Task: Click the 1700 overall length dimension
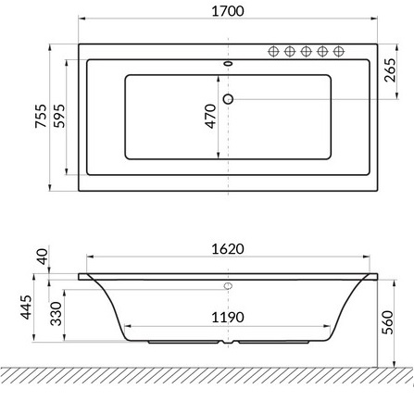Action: point(228,11)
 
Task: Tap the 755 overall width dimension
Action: point(41,117)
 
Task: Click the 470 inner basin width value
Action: point(210,116)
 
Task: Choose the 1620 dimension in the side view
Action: point(228,249)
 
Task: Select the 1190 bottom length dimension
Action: point(228,317)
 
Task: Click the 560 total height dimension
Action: point(389,320)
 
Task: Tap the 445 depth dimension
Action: point(27,308)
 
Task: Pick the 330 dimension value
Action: point(56,312)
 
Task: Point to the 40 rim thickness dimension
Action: point(42,255)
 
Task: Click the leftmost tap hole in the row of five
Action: point(275,50)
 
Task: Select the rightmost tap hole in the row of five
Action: point(339,50)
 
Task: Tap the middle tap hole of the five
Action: point(307,50)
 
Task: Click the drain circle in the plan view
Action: point(228,98)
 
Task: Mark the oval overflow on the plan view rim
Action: point(228,65)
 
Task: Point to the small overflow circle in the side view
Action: point(228,286)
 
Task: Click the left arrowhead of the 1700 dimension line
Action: point(82,19)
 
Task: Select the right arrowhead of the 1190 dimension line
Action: point(331,326)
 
